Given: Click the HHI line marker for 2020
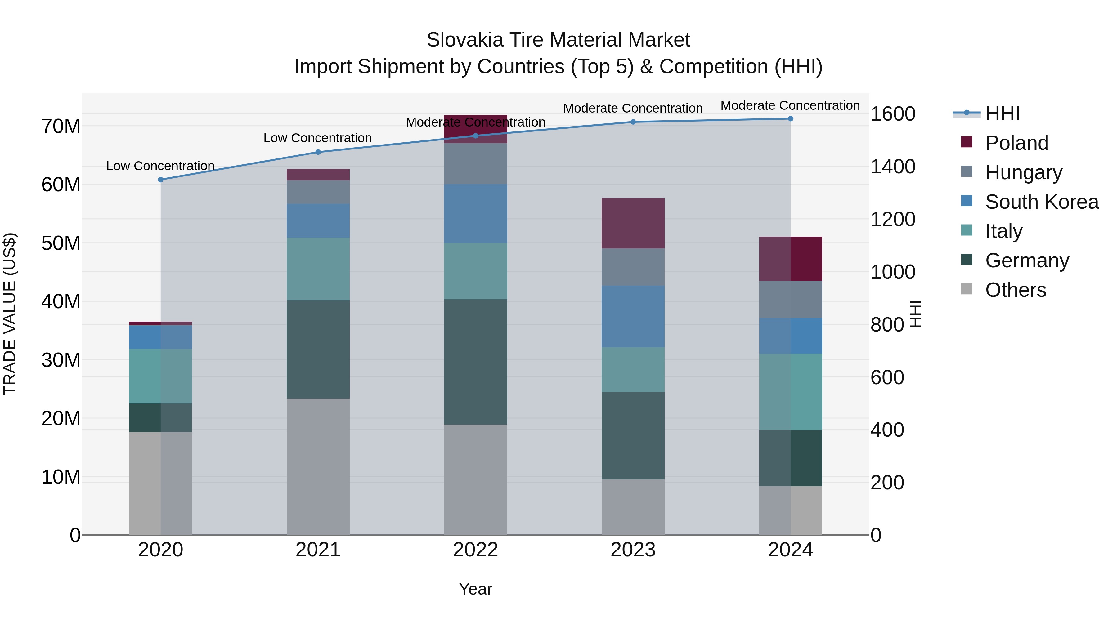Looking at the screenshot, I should (x=160, y=180).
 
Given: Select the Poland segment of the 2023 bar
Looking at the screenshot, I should (x=633, y=223).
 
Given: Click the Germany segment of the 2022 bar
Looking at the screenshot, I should (x=475, y=362).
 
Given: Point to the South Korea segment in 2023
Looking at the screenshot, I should (x=633, y=316).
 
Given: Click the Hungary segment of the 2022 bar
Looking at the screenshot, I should (x=475, y=164).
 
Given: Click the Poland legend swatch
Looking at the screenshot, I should (x=967, y=142).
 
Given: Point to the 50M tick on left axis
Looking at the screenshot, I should (x=61, y=243).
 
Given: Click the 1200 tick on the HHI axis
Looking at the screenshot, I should (x=893, y=219).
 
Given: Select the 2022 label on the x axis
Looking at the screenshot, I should (x=475, y=550).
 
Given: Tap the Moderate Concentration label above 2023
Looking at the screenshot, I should (x=633, y=108).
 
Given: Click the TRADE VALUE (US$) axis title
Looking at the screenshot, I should (x=10, y=314).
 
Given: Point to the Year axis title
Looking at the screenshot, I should (x=475, y=589).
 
